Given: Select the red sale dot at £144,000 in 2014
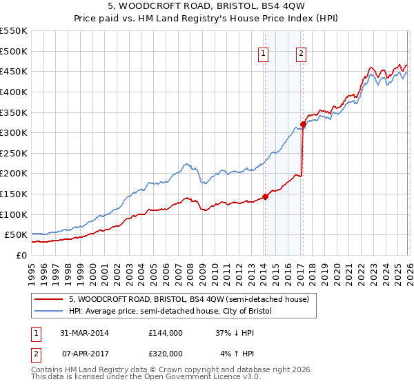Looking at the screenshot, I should point(265,196).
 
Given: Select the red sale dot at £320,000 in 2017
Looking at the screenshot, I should point(303,125).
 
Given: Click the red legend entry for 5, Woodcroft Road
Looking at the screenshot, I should point(193,299).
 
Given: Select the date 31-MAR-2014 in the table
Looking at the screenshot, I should point(85,332).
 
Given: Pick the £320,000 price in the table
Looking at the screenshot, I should point(166,353).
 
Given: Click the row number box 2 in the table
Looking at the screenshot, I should point(36,353).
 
